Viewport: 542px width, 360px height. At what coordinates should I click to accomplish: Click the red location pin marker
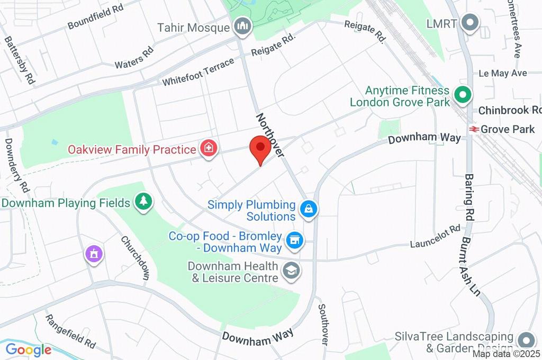[x=260, y=149]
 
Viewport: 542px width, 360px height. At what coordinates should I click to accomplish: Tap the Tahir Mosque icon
[x=243, y=25]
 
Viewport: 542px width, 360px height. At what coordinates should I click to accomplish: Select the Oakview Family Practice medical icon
[x=209, y=149]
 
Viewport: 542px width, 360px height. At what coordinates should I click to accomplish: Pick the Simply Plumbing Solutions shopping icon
[x=308, y=210]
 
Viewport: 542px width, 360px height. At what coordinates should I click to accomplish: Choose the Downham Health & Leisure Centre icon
[x=291, y=271]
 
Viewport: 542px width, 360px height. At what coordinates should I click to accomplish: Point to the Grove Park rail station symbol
[x=473, y=129]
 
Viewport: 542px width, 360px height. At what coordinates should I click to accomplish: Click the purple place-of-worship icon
[x=94, y=253]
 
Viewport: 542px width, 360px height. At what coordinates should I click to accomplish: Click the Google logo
[x=29, y=349]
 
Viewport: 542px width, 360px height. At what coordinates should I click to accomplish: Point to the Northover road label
[x=270, y=134]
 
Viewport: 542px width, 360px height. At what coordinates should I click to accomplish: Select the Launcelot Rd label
[x=435, y=238]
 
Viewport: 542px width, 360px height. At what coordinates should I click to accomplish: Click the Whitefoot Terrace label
[x=198, y=73]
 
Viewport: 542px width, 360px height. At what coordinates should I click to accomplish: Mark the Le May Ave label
[x=502, y=73]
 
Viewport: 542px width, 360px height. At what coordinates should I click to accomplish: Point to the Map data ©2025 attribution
[x=506, y=354]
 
